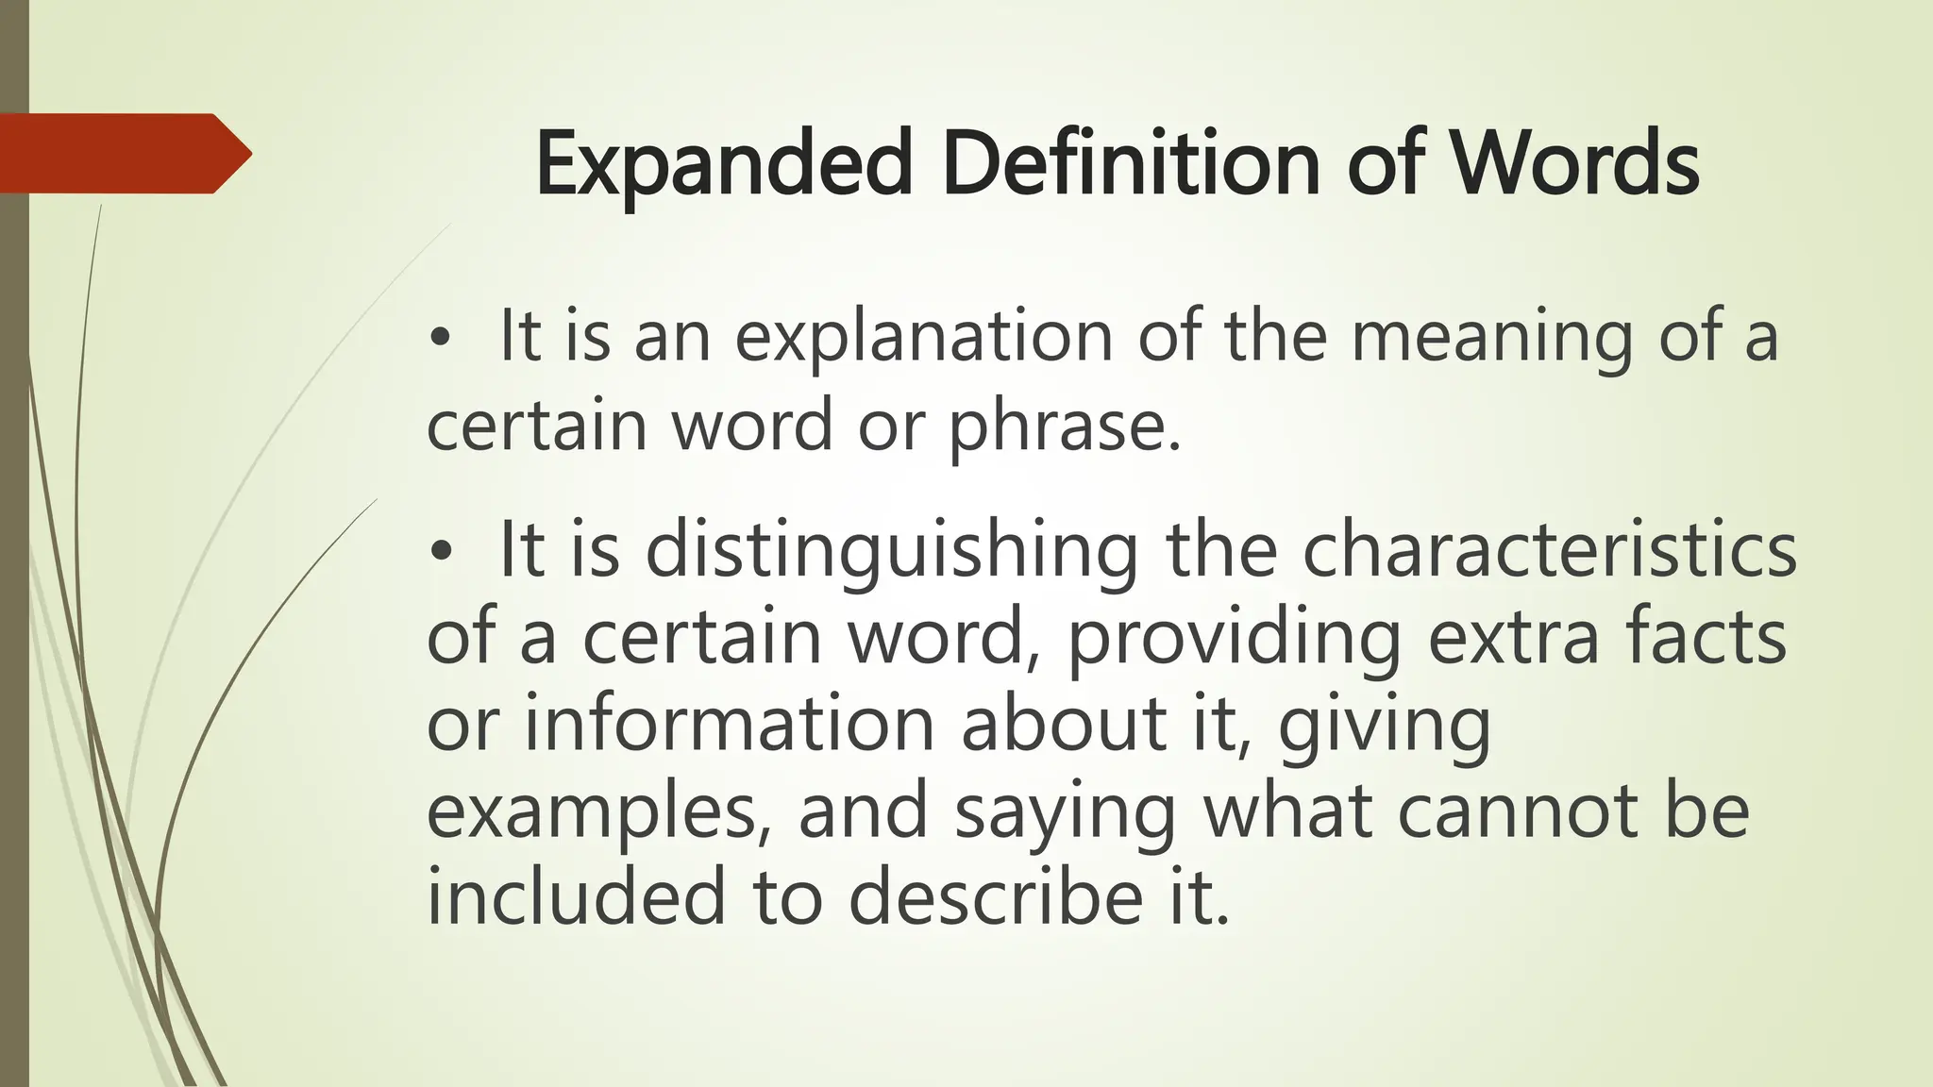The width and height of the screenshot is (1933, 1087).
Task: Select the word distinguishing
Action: point(892,553)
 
